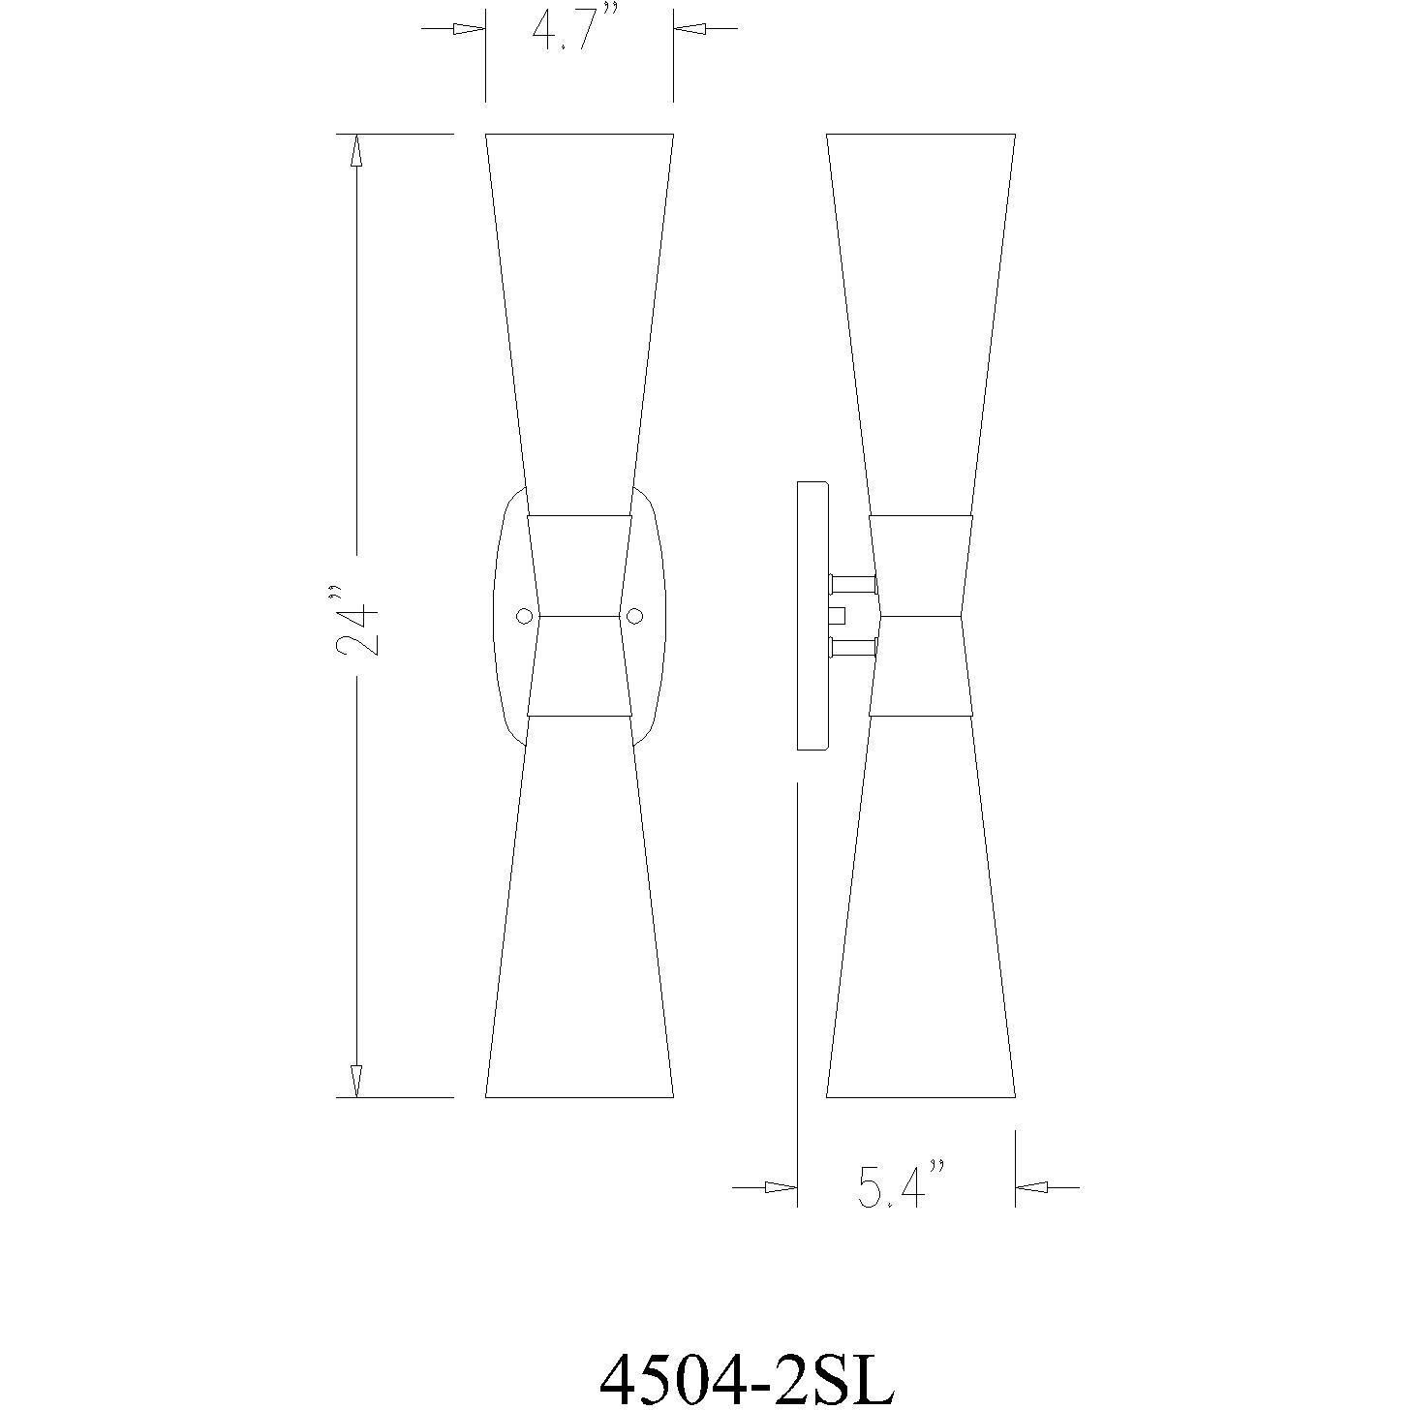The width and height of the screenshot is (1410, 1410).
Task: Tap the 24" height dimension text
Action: click(x=356, y=620)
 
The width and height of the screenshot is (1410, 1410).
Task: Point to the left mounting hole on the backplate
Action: click(x=524, y=616)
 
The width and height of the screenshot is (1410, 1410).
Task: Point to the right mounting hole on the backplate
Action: click(x=635, y=616)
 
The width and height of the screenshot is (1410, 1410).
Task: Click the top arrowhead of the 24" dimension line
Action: click(x=356, y=150)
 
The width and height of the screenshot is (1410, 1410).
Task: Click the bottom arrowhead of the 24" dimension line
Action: click(x=356, y=1081)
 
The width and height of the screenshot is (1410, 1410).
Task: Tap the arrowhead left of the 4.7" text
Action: click(x=469, y=29)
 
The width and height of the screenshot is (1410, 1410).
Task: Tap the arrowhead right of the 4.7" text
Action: click(x=690, y=29)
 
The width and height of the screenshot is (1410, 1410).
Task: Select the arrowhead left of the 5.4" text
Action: click(x=781, y=1186)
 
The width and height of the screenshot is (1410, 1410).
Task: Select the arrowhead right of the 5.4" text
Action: click(x=1031, y=1186)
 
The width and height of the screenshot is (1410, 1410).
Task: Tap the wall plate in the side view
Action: click(x=812, y=616)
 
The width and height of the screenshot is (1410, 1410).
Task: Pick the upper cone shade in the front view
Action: click(x=579, y=310)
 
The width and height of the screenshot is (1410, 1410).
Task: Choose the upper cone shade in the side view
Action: click(x=920, y=310)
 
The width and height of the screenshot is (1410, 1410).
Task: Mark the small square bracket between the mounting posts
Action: click(x=839, y=615)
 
